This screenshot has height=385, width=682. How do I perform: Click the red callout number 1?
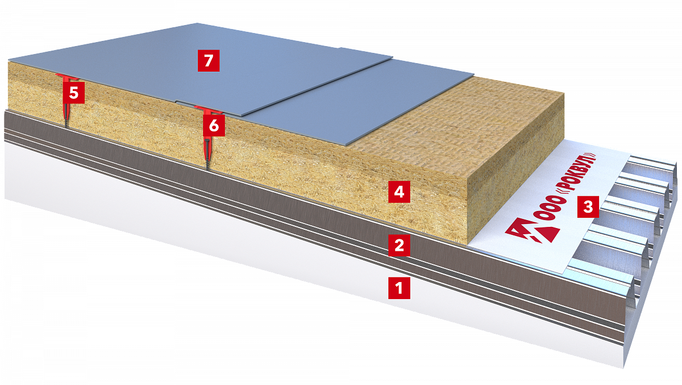[x=399, y=288]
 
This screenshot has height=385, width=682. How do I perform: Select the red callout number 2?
[x=399, y=245]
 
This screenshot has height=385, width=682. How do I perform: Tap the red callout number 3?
[x=588, y=207]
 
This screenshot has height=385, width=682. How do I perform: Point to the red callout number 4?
[x=399, y=192]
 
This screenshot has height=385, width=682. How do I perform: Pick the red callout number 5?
[x=74, y=93]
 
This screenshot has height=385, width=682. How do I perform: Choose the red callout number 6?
[x=214, y=125]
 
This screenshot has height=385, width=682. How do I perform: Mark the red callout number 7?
[x=209, y=61]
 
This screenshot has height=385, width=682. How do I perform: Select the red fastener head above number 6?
[x=208, y=109]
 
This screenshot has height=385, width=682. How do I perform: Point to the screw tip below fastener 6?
[x=207, y=168]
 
